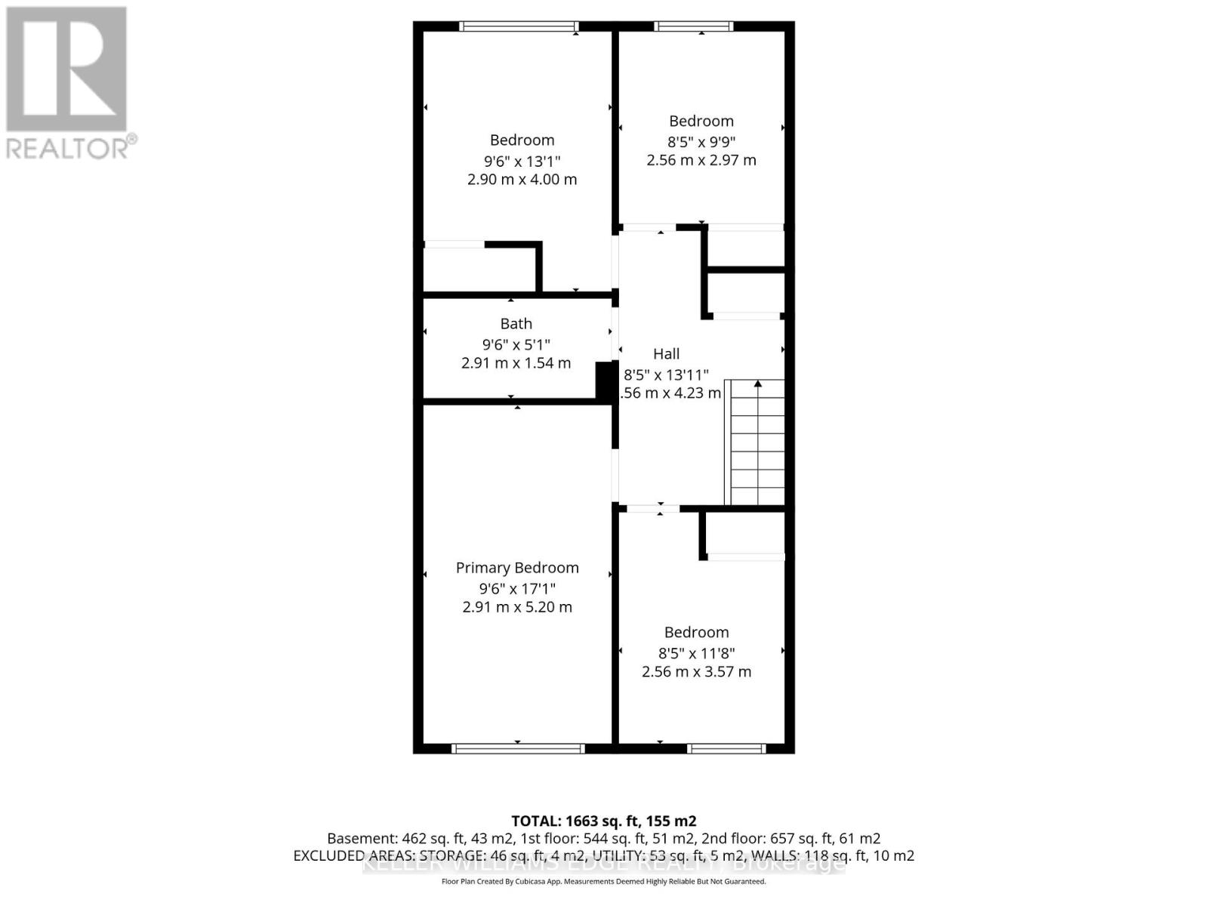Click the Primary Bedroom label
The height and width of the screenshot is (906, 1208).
[x=517, y=568]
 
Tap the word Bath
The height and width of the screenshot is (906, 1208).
[x=516, y=324]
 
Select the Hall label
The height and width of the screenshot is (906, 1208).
[x=666, y=354]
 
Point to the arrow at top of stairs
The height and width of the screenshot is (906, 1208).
[x=758, y=384]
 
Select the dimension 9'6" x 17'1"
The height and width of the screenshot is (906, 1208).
[x=517, y=588]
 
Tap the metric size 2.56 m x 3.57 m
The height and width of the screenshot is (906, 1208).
[x=696, y=672]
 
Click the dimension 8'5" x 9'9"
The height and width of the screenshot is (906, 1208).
[x=701, y=141]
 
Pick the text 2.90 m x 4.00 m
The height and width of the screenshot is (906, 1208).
[x=522, y=180]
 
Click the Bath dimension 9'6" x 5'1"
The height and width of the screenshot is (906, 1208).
[x=516, y=344]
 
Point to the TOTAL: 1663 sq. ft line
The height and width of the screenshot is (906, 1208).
[x=603, y=821]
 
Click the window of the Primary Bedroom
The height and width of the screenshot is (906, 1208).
[x=518, y=749]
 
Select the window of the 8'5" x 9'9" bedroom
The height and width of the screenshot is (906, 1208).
[x=694, y=26]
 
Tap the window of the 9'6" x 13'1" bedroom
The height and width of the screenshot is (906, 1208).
[x=519, y=26]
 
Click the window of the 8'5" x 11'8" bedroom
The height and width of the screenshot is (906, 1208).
[x=726, y=749]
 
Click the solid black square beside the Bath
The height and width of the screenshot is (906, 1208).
[x=606, y=381]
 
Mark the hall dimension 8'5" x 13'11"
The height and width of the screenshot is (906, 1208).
[x=666, y=374]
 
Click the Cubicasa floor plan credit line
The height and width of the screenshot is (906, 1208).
[x=603, y=882]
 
